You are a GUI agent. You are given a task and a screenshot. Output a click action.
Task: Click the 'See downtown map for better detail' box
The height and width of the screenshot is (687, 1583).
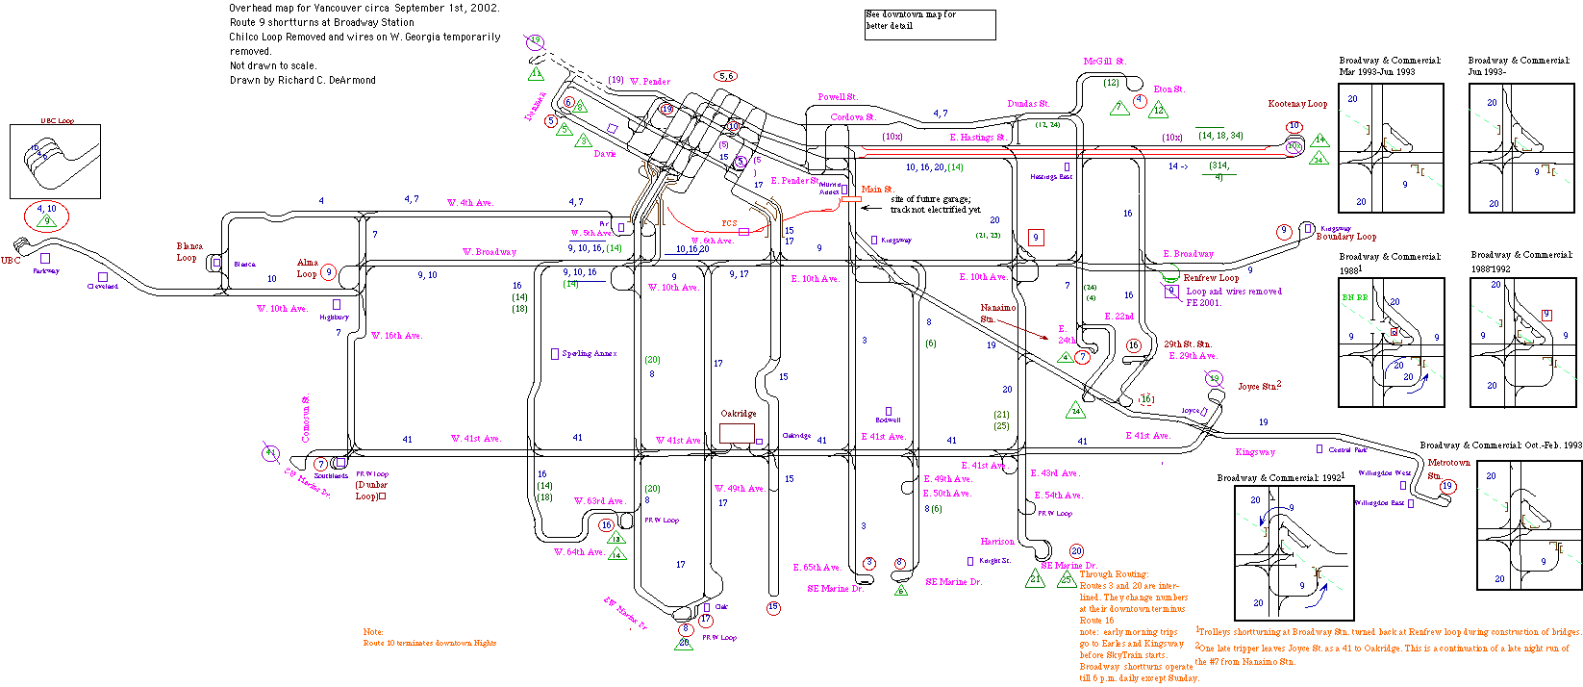pos(929,24)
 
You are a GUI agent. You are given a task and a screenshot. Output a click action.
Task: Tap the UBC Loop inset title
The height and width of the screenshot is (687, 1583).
pos(57,121)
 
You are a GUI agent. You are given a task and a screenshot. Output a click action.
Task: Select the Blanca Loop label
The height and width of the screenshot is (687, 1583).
pos(188,252)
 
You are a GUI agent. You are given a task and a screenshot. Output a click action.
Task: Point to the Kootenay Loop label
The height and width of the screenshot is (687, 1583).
pos(1296,104)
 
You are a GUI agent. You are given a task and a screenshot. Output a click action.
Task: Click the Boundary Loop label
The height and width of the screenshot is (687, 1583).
pos(1345,237)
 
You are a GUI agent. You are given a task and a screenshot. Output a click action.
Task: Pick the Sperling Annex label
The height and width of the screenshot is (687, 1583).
pos(589,354)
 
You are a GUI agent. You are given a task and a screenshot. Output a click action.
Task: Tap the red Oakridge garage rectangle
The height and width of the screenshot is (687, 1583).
pos(737,433)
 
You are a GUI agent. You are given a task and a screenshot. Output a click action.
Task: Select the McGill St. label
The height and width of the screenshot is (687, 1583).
pos(1103,62)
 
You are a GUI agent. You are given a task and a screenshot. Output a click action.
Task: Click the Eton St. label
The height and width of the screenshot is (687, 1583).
pos(1168,89)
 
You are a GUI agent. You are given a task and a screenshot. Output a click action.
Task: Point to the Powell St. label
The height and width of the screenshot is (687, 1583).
pos(837,97)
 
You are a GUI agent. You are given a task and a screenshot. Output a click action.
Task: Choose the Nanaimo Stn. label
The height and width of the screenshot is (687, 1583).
pos(996,314)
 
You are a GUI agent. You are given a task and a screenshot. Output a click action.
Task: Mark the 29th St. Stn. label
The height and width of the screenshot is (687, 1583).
pos(1187,343)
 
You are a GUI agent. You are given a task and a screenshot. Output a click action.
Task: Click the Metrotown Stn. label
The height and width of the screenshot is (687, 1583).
pos(1448,469)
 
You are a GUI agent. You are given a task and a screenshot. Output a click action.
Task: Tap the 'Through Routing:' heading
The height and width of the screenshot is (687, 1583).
pos(1113,574)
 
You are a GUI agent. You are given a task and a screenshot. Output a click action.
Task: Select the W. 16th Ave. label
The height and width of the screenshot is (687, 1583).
pos(396,336)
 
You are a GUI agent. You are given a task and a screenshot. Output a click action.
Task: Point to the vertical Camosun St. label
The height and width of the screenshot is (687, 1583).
pos(306,419)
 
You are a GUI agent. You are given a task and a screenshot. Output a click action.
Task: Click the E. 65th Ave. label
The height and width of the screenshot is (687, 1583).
pos(817,568)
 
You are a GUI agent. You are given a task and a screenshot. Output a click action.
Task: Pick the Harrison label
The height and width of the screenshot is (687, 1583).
pos(996,542)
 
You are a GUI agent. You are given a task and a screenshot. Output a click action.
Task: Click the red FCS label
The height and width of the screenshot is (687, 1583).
pos(729,223)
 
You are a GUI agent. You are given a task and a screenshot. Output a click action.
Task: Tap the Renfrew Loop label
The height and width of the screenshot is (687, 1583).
pos(1211,278)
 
